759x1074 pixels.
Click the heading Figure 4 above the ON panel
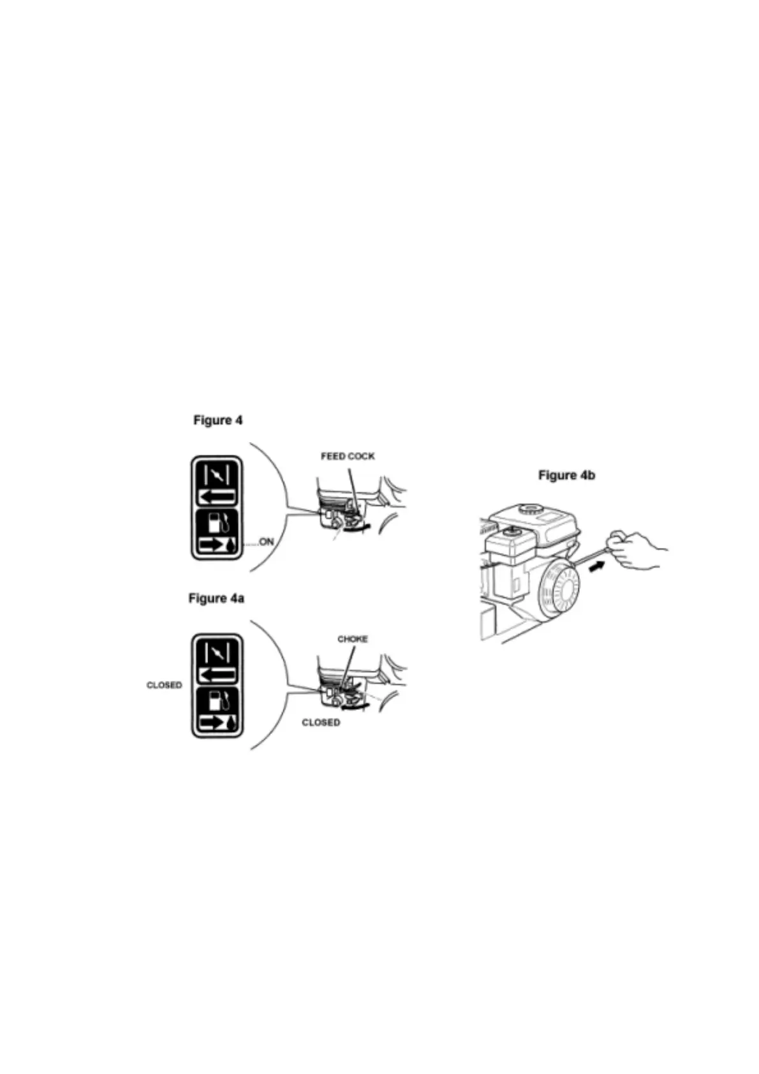click(217, 420)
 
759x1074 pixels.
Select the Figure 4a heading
click(216, 598)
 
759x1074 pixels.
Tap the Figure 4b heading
click(566, 475)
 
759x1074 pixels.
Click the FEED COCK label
click(348, 456)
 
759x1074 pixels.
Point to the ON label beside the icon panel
click(266, 542)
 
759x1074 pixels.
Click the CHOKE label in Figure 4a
click(352, 638)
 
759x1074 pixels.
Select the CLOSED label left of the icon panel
click(164, 685)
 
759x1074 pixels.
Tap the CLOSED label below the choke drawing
click(321, 723)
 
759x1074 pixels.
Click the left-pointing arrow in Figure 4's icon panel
click(217, 496)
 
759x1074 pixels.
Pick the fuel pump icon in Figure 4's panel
click(217, 522)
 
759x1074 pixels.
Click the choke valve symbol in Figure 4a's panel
click(217, 651)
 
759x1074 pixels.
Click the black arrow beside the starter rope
click(596, 565)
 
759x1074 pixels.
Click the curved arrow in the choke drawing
click(355, 705)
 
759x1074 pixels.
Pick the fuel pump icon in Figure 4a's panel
click(217, 700)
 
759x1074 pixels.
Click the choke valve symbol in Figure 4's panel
click(217, 474)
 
